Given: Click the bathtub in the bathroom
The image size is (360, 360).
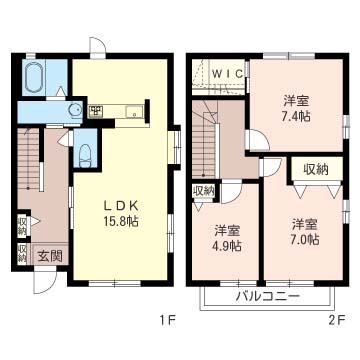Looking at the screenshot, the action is (34, 77).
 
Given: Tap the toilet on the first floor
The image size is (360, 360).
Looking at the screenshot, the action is (85, 155).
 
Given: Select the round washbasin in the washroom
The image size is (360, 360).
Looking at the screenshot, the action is (75, 109).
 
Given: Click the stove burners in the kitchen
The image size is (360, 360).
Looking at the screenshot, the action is (97, 110).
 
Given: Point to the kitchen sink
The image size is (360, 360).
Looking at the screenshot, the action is (134, 111).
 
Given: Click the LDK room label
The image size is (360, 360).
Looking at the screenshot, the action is (121, 207).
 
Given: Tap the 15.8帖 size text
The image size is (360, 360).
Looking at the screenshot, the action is (121, 222).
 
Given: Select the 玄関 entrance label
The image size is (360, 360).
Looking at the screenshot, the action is (49, 256).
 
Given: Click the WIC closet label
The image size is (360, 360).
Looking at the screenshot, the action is (228, 74).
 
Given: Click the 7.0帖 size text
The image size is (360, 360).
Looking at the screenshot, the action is (305, 239).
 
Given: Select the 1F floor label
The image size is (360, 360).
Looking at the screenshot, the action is (167, 320).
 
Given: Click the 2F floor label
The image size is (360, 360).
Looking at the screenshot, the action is (338, 320).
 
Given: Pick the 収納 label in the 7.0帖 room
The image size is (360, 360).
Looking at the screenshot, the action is (316, 170).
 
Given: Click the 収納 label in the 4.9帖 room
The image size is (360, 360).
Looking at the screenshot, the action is (203, 191).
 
